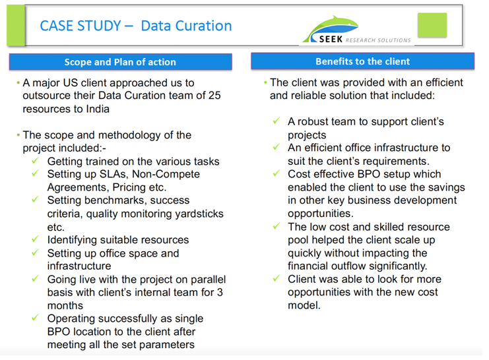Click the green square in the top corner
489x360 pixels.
[432, 26]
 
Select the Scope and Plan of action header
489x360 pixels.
[120, 62]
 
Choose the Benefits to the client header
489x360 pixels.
[363, 61]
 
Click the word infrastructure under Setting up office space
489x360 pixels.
[79, 266]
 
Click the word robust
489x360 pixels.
[315, 122]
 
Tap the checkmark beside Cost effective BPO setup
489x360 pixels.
[277, 174]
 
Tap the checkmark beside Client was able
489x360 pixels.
[277, 280]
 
